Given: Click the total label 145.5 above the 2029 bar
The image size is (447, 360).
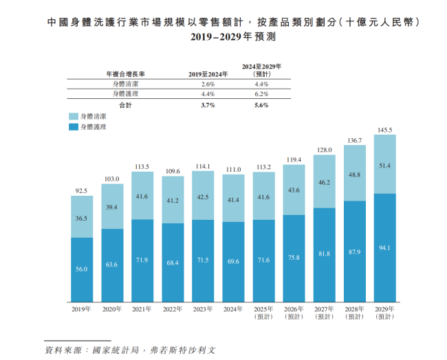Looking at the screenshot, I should (x=384, y=129).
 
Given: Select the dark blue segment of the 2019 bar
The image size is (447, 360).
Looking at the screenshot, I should (x=82, y=269).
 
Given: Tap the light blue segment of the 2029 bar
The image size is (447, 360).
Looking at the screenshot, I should (x=384, y=164).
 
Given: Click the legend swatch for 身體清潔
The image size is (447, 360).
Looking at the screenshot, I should (x=73, y=117).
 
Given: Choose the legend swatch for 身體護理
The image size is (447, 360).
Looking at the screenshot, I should (x=73, y=127).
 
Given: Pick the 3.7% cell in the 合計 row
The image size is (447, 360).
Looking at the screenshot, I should (x=208, y=105).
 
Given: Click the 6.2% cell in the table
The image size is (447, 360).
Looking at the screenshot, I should (x=262, y=93).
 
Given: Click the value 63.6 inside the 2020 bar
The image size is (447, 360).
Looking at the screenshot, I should (x=112, y=263).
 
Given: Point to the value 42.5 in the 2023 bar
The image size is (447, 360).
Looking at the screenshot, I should (x=203, y=197).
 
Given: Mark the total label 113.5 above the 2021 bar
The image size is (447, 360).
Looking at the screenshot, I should (x=142, y=166).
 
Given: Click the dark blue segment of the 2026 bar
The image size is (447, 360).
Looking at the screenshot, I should (x=294, y=258).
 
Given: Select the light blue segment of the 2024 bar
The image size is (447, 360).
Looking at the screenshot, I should (x=233, y=199).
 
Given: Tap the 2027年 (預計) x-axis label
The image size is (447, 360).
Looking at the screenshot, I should (x=324, y=313).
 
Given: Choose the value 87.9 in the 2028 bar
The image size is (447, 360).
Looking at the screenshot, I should (x=354, y=251).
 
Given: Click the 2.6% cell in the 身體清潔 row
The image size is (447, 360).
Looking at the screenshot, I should (x=208, y=83).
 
